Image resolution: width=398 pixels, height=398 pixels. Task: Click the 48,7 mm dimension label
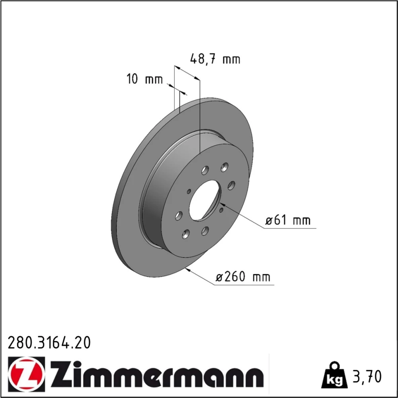[215, 59]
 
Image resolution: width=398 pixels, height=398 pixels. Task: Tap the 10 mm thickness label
[144, 79]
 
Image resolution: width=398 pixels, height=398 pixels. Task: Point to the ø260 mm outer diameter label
[243, 277]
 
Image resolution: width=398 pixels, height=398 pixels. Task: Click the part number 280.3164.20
[49, 343]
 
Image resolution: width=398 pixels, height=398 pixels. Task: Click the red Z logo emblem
[26, 374]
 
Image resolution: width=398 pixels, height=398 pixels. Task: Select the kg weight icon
[334, 375]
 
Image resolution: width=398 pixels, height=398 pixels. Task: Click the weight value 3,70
[367, 377]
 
